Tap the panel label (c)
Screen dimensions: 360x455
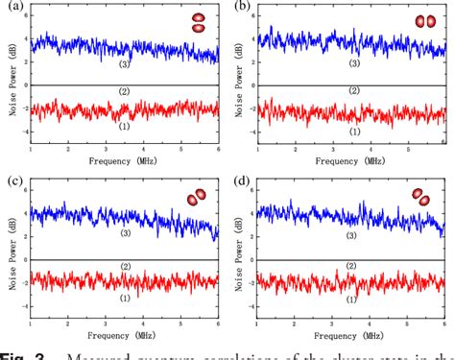[12, 181]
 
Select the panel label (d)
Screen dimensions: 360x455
[245, 181]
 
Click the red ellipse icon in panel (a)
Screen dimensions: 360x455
[199, 23]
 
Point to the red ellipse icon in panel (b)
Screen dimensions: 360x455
[424, 21]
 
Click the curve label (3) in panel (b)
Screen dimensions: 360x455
[354, 63]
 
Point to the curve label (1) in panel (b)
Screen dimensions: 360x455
[354, 130]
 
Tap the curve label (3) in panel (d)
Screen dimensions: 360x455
[354, 235]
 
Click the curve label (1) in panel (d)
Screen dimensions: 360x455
[354, 300]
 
